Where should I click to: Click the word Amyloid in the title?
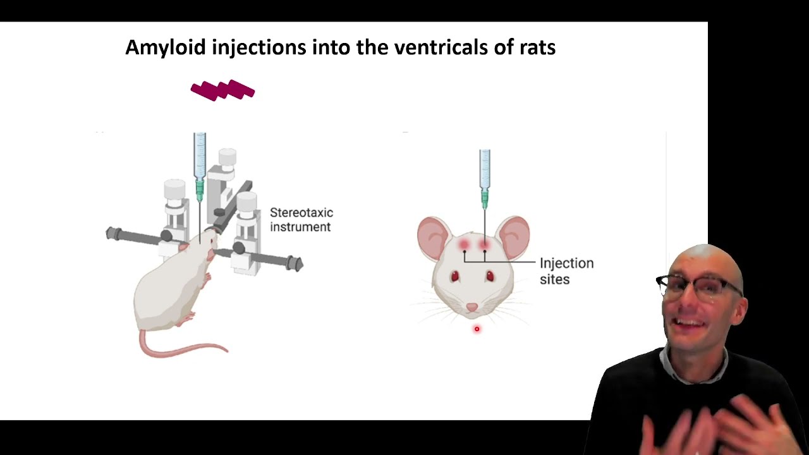coord(166,47)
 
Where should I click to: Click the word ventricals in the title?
coord(441,47)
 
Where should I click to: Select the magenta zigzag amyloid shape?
coord(222,90)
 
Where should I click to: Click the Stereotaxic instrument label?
coord(301,219)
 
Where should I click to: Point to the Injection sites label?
coord(567,271)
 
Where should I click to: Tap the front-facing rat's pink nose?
coord(472,307)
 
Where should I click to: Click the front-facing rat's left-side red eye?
coord(454,276)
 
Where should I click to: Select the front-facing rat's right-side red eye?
coord(490,276)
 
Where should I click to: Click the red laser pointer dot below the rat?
coord(477,329)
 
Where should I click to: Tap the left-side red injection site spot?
coord(464,245)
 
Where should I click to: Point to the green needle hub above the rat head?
coord(485,199)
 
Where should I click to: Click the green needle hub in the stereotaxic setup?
coord(199,190)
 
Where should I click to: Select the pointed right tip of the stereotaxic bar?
coord(302,265)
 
